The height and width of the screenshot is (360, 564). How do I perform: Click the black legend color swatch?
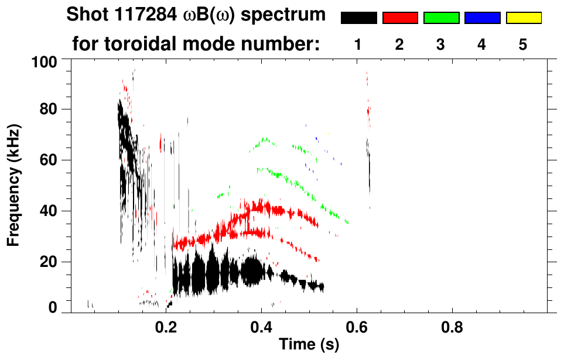click(358, 18)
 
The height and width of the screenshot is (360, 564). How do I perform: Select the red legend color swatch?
click(400, 18)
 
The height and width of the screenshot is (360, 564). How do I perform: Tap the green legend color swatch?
click(441, 18)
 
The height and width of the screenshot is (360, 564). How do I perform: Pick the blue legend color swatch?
click(482, 18)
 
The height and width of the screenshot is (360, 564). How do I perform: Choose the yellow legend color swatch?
click(523, 18)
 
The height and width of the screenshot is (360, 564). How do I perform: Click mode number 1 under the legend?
click(358, 44)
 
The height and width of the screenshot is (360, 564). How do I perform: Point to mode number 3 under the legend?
click(441, 44)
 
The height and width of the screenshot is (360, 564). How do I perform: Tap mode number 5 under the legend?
click(523, 44)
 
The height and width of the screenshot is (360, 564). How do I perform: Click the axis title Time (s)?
click(309, 345)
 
